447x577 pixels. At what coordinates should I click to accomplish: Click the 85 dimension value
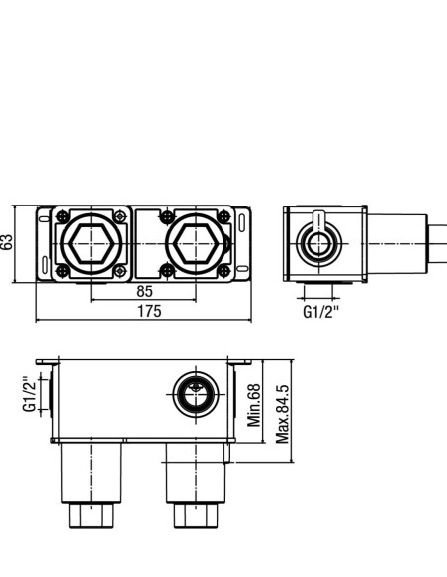pyautogui.click(x=144, y=291)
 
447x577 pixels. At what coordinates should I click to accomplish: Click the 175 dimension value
pyautogui.click(x=149, y=311)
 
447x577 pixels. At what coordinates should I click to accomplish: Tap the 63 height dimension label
pyautogui.click(x=7, y=242)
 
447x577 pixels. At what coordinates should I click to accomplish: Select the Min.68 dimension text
pyautogui.click(x=254, y=405)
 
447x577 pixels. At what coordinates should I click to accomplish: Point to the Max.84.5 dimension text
pyautogui.click(x=283, y=414)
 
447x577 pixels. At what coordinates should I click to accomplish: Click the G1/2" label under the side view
pyautogui.click(x=320, y=312)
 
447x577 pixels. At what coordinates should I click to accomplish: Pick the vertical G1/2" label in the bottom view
pyautogui.click(x=30, y=394)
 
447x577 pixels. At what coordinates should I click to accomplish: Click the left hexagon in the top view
pyautogui.click(x=91, y=243)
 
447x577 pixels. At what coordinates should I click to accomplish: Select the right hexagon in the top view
pyautogui.click(x=196, y=243)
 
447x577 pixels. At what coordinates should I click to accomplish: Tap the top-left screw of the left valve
pyautogui.click(x=63, y=216)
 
